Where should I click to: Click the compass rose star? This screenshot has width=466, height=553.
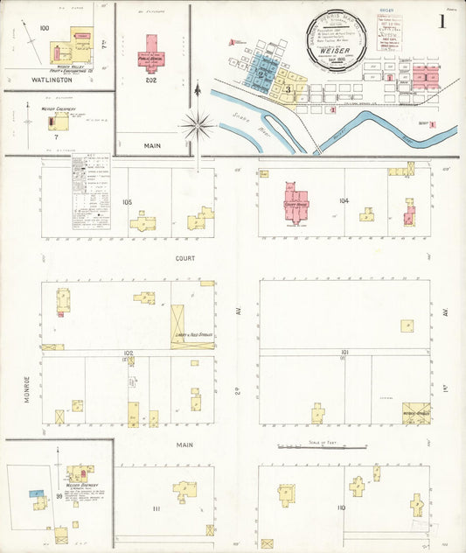(x=198, y=126)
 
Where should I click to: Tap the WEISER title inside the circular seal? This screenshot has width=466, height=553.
(x=337, y=51)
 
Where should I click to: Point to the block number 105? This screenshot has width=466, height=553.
(x=128, y=202)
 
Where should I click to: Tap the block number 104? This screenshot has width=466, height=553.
(x=344, y=201)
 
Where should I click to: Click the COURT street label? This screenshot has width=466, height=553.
(x=184, y=259)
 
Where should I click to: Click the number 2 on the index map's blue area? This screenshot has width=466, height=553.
(x=261, y=75)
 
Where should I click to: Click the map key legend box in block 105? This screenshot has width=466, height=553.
(x=91, y=193)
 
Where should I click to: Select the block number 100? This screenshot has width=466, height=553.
(x=45, y=28)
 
